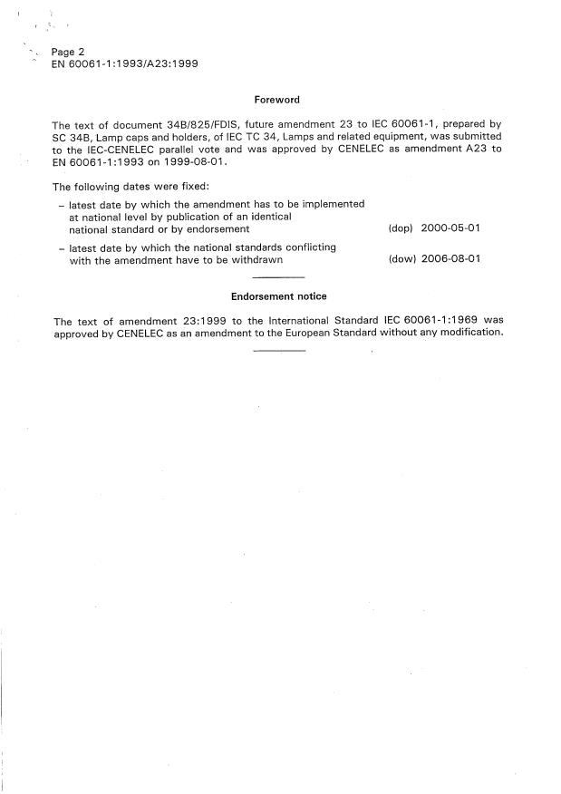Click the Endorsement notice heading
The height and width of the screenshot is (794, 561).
pyautogui.click(x=278, y=296)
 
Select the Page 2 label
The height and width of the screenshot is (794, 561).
pyautogui.click(x=68, y=53)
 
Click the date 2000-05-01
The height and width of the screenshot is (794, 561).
pyautogui.click(x=450, y=229)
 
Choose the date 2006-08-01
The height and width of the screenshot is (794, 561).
pyautogui.click(x=450, y=259)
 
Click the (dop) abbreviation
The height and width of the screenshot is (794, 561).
pyautogui.click(x=400, y=229)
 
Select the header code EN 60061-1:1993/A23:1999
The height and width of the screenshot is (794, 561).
pyautogui.click(x=125, y=64)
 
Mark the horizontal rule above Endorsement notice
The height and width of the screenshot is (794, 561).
pyautogui.click(x=278, y=276)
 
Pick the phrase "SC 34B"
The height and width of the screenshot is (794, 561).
pyautogui.click(x=71, y=136)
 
